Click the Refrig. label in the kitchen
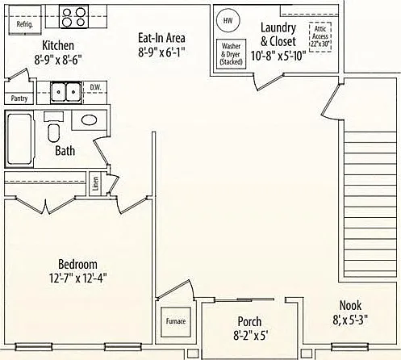pos(25,24)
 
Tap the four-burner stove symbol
pos(73,17)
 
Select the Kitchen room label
pos(58,45)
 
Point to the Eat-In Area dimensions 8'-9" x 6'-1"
pos(161,52)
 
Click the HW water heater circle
pos(228,20)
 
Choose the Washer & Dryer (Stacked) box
pos(232,54)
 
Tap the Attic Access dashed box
pos(320,36)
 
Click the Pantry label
pos(19,98)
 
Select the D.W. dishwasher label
pos(95,87)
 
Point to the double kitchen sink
pos(66,92)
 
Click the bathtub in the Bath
pos(19,139)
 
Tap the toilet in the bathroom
pos(54,128)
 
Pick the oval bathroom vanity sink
pos(89,120)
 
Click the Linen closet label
pos(95,183)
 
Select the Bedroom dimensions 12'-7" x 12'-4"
pos(78,278)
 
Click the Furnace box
pos(176,322)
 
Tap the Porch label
pos(249,322)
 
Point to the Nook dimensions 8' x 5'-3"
pos(350,320)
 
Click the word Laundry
pos(278,28)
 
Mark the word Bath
pos(65,151)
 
